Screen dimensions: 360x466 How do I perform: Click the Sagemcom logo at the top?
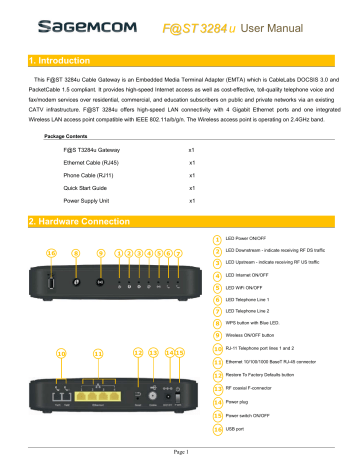pos(62,19)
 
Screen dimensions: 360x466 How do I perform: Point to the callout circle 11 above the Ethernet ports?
pos(98,326)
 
